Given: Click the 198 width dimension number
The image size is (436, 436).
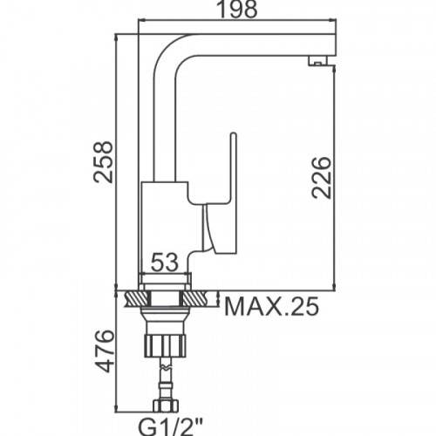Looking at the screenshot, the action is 237,9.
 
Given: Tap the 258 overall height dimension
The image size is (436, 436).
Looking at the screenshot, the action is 103,162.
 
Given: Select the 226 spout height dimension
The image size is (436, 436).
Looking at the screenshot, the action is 321,178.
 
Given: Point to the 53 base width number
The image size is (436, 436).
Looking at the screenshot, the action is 165,262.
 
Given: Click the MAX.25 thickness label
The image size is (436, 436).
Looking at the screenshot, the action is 271,307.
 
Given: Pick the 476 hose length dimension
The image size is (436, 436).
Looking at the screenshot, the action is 104,351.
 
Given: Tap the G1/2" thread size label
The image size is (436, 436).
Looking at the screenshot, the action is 170,427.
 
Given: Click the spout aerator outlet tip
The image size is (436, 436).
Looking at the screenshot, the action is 318,61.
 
